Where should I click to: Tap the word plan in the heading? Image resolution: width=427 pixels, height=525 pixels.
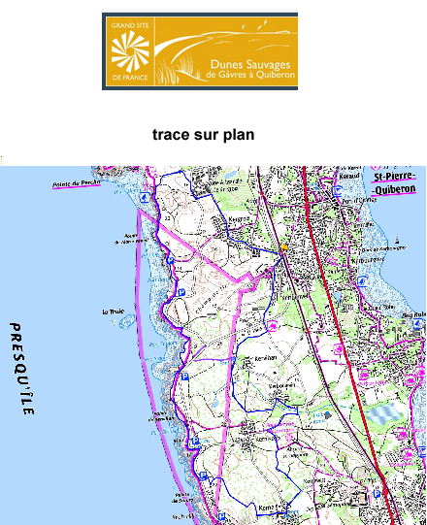click(x=236, y=135)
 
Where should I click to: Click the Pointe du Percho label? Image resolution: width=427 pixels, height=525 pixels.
click(x=70, y=181)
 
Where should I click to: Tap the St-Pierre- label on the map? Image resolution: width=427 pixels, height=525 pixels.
click(x=395, y=179)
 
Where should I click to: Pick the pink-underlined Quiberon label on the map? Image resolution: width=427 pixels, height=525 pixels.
click(x=397, y=190)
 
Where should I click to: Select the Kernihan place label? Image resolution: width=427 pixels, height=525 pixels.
click(x=264, y=358)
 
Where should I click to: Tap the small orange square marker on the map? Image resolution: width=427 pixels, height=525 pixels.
click(x=283, y=248)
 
